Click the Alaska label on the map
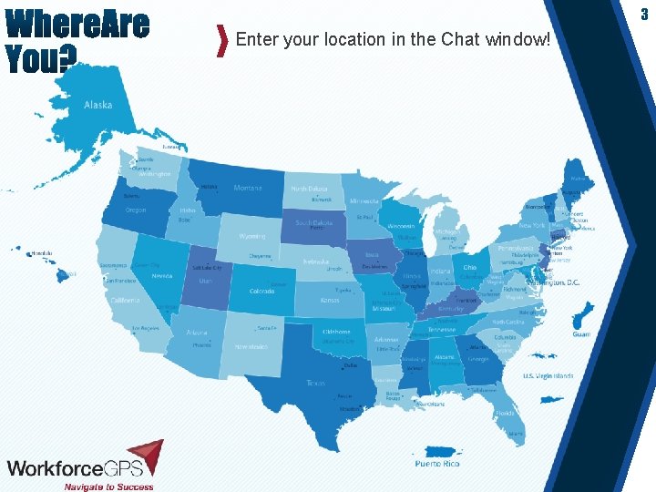pyautogui.click(x=97, y=105)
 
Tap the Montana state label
pyautogui.click(x=247, y=189)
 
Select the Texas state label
pyautogui.click(x=316, y=383)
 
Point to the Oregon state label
pyautogui.click(x=135, y=210)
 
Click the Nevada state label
pyautogui.click(x=161, y=275)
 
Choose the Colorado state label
pyautogui.click(x=261, y=291)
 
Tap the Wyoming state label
pyautogui.click(x=252, y=237)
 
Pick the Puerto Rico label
pyautogui.click(x=437, y=464)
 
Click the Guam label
pyautogui.click(x=581, y=334)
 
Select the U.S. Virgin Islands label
pyautogui.click(x=548, y=375)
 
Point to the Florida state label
pyautogui.click(x=505, y=413)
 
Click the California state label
pyautogui.click(x=126, y=300)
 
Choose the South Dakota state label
pyautogui.click(x=313, y=222)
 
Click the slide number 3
pyautogui.click(x=644, y=14)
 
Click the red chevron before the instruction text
pyautogui.click(x=222, y=41)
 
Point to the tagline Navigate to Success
pyautogui.click(x=108, y=486)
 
